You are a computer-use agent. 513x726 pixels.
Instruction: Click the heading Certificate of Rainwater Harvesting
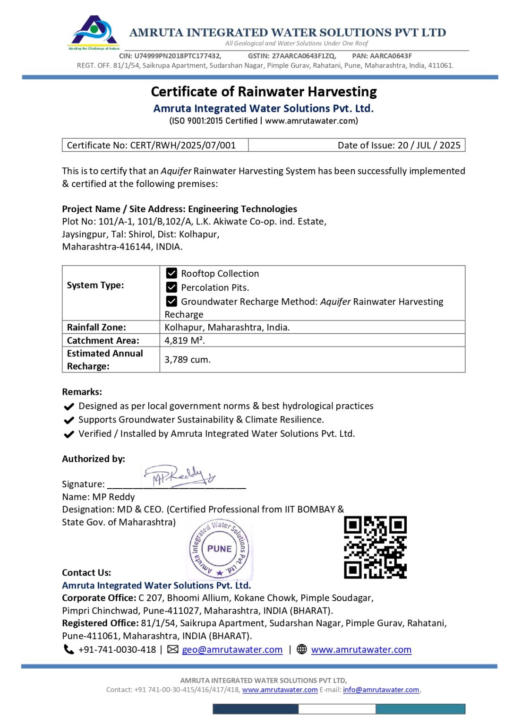[264, 91]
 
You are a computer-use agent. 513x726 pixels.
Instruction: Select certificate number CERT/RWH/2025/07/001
[182, 145]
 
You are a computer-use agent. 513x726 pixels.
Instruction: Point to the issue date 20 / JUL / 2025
[429, 145]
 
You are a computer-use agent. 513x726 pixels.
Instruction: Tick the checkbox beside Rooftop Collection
[171, 273]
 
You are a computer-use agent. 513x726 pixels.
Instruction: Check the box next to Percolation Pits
[171, 287]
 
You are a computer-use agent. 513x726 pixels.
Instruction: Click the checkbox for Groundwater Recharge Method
[171, 301]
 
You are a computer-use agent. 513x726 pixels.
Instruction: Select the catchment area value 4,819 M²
[185, 340]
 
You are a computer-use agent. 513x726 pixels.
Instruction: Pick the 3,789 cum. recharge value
[188, 359]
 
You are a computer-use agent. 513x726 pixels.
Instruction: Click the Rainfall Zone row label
[96, 327]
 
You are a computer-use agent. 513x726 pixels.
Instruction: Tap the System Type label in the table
[95, 285]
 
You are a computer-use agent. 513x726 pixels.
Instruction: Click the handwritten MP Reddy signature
[179, 475]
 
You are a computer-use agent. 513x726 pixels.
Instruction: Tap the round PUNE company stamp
[219, 549]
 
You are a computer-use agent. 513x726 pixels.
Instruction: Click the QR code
[375, 547]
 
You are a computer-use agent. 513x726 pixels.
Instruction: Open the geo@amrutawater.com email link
[232, 649]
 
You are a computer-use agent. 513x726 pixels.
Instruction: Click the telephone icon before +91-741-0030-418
[69, 649]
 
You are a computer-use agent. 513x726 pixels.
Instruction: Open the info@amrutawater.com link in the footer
[381, 690]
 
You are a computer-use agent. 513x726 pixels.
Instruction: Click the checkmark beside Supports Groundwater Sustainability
[69, 420]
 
